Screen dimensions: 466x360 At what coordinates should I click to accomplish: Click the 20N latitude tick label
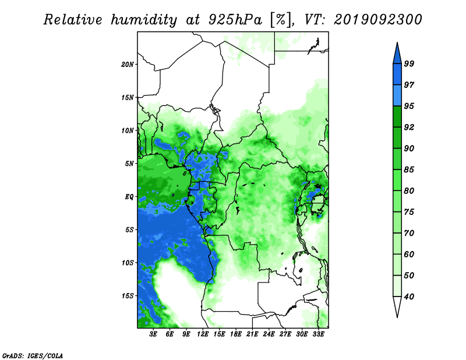tap(128, 65)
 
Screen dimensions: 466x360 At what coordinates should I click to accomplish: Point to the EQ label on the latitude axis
tap(129, 197)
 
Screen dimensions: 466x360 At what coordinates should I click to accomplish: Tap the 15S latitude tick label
tap(128, 296)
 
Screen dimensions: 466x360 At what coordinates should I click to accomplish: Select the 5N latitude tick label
tap(129, 164)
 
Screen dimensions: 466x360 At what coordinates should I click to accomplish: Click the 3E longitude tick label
tap(153, 334)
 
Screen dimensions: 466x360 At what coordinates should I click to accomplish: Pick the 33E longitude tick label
tap(318, 334)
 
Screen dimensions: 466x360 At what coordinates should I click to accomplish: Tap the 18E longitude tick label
tap(236, 334)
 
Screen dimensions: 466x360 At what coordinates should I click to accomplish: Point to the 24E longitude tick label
tap(269, 334)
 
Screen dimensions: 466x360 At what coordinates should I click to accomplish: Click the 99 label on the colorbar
tap(409, 63)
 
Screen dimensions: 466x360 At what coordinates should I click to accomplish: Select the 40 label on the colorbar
tap(409, 297)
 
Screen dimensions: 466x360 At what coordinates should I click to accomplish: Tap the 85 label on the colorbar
tap(409, 170)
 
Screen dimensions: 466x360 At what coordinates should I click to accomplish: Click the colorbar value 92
tap(409, 127)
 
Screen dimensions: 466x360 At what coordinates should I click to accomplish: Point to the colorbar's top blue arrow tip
tap(397, 43)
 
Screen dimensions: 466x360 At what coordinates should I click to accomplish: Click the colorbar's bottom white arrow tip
tap(397, 317)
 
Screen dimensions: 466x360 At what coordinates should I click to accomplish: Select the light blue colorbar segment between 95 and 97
tap(397, 96)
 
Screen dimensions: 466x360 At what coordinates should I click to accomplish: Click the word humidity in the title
tap(144, 20)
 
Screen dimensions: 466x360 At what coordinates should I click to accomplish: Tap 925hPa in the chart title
tap(235, 20)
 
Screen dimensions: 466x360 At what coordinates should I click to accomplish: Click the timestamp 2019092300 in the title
tap(377, 20)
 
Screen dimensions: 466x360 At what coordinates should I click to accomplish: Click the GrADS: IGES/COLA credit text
tap(33, 355)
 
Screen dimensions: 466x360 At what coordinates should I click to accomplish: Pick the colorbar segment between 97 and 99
tap(397, 75)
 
